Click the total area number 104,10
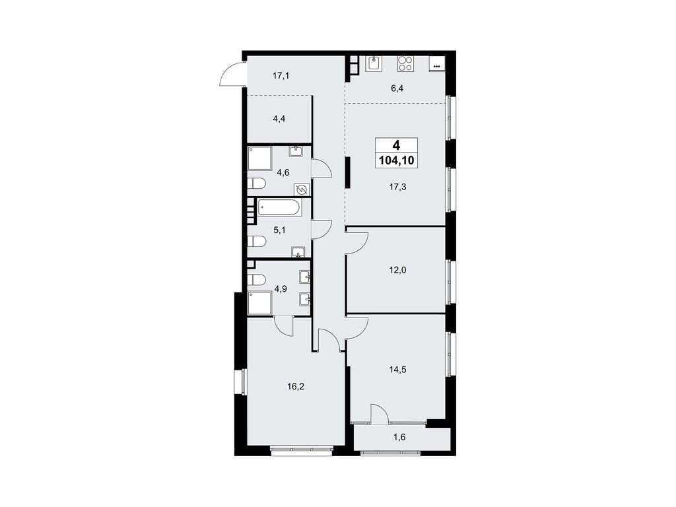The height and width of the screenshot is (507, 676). (x=395, y=160)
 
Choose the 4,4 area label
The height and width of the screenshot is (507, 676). (x=280, y=120)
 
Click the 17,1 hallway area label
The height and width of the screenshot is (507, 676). (x=281, y=76)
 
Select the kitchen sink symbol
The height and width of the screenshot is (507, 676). (x=374, y=64)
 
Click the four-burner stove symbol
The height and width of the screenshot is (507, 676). (x=405, y=64)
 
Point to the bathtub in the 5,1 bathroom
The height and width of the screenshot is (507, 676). (x=279, y=209)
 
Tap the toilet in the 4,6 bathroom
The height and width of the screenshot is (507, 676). (x=256, y=183)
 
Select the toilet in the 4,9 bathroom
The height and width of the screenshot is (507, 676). (x=256, y=280)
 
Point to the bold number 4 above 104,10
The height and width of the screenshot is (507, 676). (x=395, y=145)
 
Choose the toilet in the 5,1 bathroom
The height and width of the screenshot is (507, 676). (x=256, y=242)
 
